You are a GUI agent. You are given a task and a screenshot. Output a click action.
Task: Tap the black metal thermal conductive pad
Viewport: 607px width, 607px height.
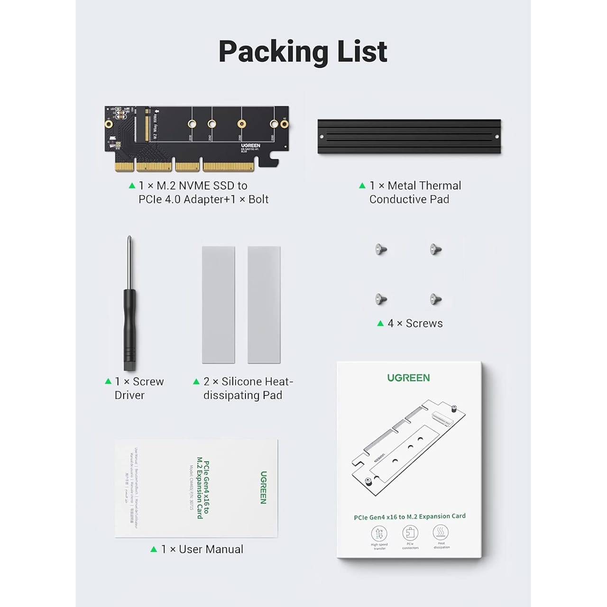[409, 137]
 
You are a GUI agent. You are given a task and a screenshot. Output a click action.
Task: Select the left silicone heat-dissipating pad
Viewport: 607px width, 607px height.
[218, 304]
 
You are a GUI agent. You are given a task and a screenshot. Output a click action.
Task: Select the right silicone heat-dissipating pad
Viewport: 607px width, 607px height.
[264, 304]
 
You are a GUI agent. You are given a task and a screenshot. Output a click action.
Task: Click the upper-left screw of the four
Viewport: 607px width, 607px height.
[381, 249]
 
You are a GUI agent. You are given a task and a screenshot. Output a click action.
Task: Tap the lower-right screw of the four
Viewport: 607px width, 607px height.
[435, 299]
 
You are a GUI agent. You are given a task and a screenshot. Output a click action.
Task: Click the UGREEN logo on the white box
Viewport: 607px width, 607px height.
[408, 378]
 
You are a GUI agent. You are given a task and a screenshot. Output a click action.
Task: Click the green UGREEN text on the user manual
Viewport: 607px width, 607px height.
[264, 487]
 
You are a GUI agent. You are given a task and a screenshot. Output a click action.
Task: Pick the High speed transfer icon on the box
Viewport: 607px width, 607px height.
[379, 534]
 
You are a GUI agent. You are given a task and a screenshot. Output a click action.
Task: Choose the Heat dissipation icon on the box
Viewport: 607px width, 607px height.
[441, 532]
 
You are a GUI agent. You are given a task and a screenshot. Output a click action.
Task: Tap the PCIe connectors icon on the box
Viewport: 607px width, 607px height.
[410, 533]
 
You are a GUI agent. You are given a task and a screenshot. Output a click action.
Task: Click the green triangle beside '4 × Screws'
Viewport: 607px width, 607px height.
[380, 323]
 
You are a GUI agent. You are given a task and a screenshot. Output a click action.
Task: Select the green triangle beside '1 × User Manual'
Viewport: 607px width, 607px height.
[154, 549]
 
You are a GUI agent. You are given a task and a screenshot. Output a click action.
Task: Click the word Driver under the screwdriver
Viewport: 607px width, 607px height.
[129, 395]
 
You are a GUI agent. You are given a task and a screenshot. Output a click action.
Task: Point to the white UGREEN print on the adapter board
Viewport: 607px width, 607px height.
[250, 146]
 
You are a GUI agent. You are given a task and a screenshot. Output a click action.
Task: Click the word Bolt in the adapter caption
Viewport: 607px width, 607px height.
[258, 200]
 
